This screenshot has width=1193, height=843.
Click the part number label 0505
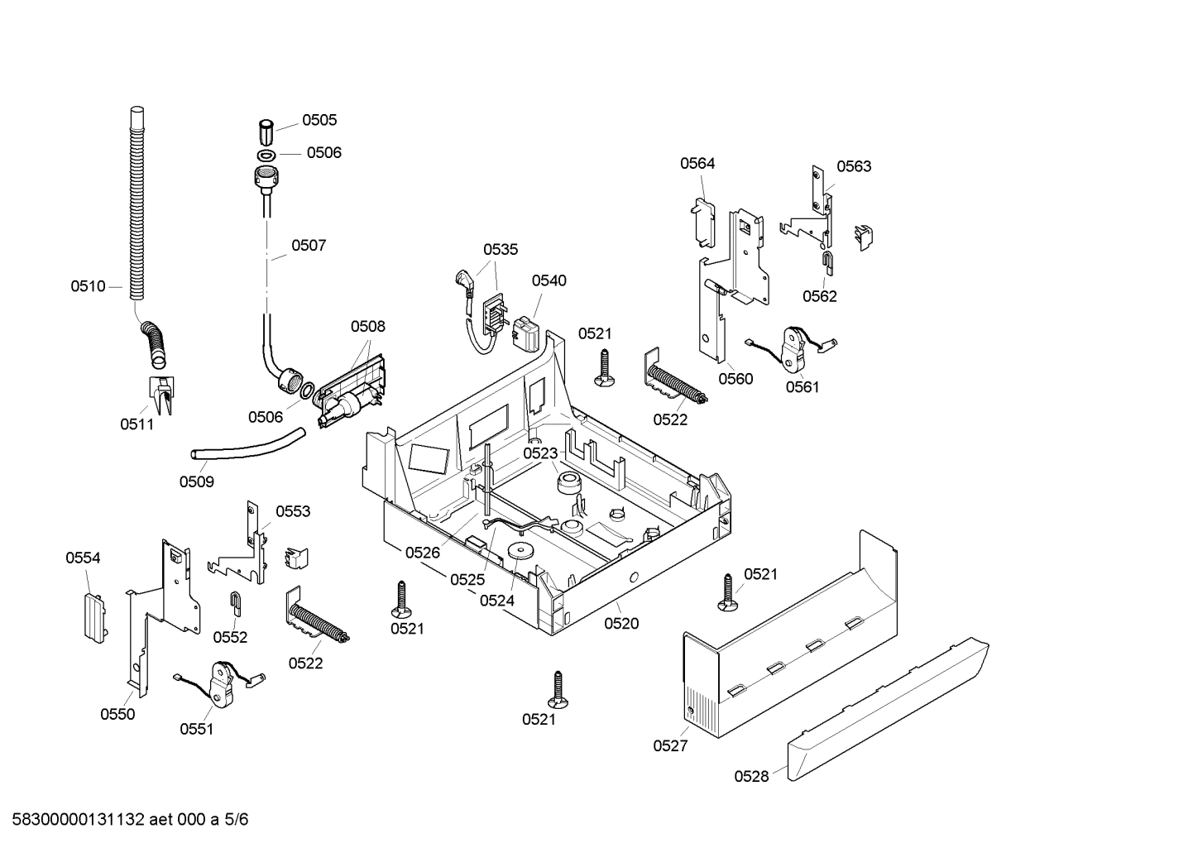[319, 120]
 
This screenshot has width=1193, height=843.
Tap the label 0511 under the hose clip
[137, 424]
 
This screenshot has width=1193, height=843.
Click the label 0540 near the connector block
[549, 280]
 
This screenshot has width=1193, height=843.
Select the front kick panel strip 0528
[885, 711]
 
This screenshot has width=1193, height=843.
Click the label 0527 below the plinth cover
[670, 745]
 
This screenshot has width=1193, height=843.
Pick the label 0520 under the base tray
[621, 624]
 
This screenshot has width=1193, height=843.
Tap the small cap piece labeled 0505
[265, 132]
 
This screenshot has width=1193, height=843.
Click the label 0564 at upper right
[697, 164]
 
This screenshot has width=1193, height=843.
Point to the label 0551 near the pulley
[196, 729]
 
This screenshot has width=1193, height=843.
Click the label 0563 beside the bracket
[854, 166]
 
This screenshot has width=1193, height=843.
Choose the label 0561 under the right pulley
[803, 386]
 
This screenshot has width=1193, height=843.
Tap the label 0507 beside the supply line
[309, 245]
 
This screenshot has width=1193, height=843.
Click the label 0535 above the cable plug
[501, 249]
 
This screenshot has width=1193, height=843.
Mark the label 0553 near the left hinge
[293, 511]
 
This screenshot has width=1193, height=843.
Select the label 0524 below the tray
[497, 601]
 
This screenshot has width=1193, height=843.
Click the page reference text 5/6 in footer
[237, 820]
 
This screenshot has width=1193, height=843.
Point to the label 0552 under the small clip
[230, 637]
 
